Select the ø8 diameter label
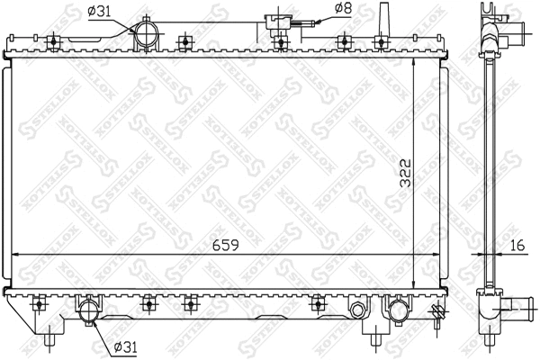[x=343, y=10]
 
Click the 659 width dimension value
[x=219, y=243]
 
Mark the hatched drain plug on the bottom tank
[x=438, y=313]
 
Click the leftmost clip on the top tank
[x=55, y=40]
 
